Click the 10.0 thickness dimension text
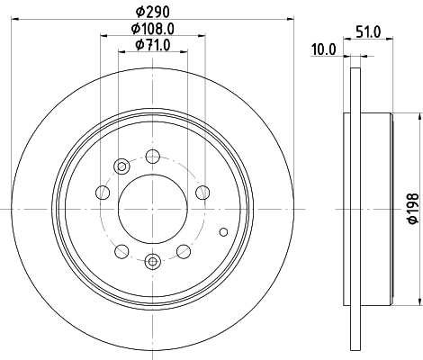tap(323, 50)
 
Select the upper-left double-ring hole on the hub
tap(122, 165)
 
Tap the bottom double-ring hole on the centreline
tap(151, 261)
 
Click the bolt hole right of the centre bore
tap(202, 192)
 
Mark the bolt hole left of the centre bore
tap(103, 193)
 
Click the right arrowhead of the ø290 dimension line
tap(290, 17)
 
